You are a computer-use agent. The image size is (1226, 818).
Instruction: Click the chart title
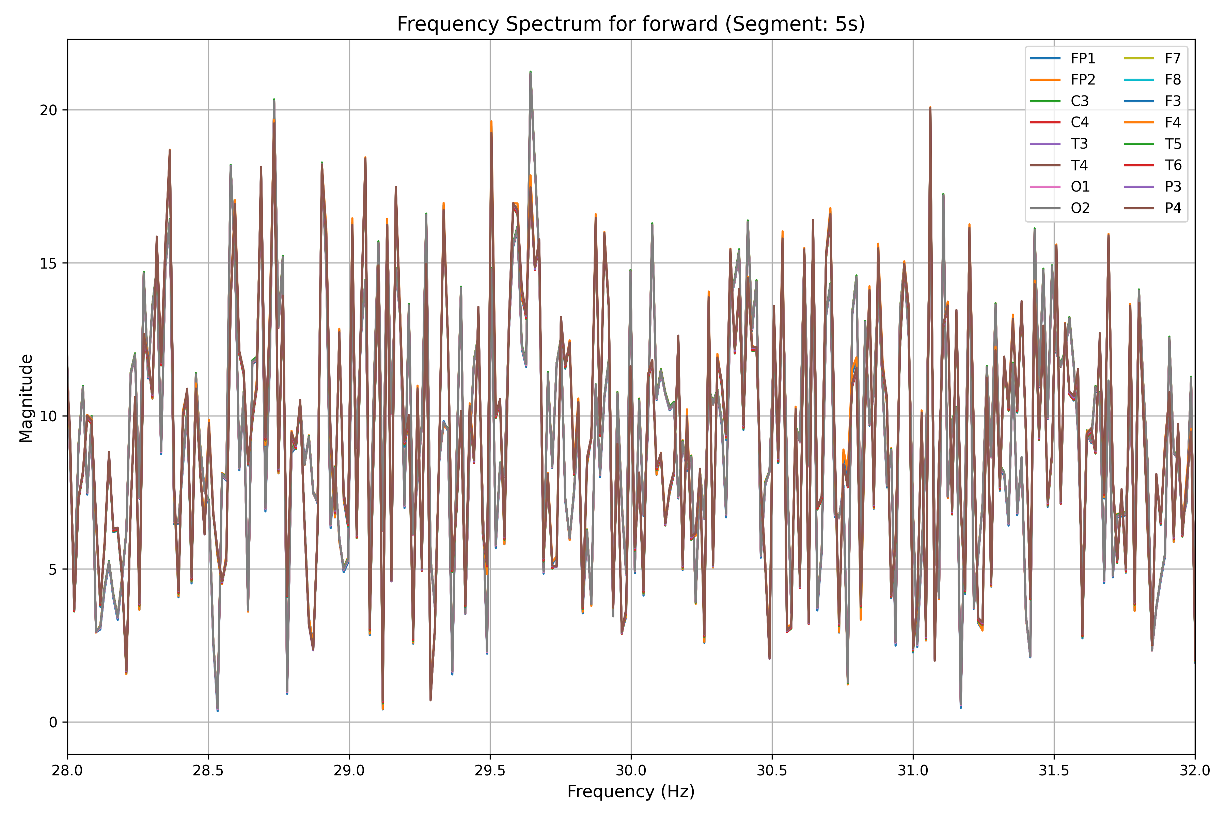[631, 24]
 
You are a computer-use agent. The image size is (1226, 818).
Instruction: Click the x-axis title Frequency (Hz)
[631, 791]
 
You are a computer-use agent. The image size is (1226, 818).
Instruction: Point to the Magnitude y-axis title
[26, 398]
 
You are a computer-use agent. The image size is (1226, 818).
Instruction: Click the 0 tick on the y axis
[53, 723]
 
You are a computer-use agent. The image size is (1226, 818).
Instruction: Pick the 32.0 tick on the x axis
[1195, 771]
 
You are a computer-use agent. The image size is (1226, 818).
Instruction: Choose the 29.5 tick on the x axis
[490, 771]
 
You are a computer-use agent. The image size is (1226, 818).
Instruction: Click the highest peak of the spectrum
[530, 72]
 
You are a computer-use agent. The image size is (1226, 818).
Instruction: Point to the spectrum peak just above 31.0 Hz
[930, 107]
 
